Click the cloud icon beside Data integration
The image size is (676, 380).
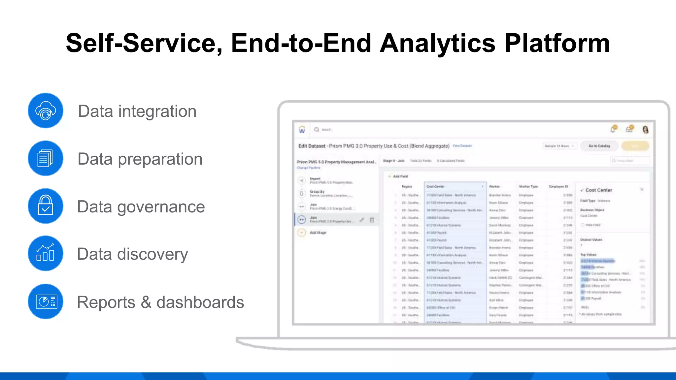click(x=46, y=111)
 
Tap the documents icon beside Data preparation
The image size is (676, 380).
click(x=46, y=158)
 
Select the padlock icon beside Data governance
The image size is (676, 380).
click(x=46, y=206)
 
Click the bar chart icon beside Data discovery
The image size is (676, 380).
click(x=46, y=253)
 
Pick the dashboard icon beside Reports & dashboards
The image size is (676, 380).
click(x=46, y=301)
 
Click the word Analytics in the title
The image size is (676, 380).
click(x=437, y=44)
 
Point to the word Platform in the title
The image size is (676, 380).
click(x=557, y=44)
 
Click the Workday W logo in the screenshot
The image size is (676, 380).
click(x=302, y=130)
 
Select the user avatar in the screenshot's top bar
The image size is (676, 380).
click(x=645, y=129)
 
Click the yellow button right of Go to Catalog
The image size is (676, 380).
click(x=635, y=146)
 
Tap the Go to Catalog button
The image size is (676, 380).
click(x=599, y=146)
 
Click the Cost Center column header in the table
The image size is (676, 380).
click(x=436, y=186)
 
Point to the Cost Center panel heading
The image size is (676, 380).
click(x=598, y=190)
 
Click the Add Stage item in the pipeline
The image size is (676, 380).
click(x=318, y=233)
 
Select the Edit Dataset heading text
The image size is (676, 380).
click(x=312, y=146)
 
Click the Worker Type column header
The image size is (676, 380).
click(x=528, y=186)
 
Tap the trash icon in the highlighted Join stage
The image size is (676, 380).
click(x=372, y=220)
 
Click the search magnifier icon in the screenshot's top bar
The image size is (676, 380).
click(x=317, y=130)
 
